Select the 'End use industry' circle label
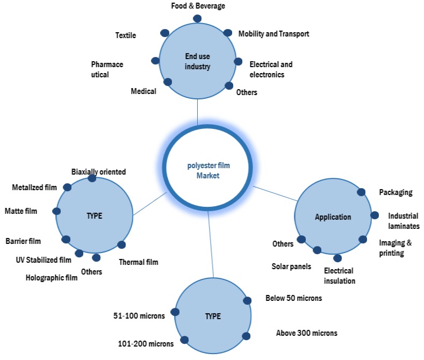[x=197, y=61]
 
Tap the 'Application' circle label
[x=333, y=217]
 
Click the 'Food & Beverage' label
[x=197, y=6]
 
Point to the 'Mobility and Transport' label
[x=274, y=34]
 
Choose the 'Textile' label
[x=126, y=35]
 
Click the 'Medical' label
[x=143, y=91]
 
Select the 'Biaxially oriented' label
[x=98, y=172]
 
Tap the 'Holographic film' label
[x=52, y=278]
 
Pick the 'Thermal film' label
[x=139, y=263]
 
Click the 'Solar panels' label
[x=291, y=267]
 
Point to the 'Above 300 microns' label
[x=306, y=333]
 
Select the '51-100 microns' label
[x=139, y=316]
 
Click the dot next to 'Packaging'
[x=362, y=192]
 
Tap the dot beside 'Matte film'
[x=57, y=211]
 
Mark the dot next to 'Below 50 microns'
[x=248, y=301]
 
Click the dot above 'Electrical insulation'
[x=337, y=258]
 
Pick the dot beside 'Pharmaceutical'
[x=155, y=61]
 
